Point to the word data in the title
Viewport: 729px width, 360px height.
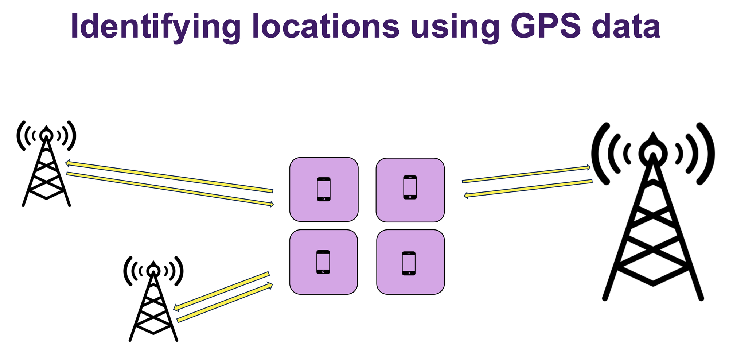626,26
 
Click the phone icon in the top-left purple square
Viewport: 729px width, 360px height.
324,189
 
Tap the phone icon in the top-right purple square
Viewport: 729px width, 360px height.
410,187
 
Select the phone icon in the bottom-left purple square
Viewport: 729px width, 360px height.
323,262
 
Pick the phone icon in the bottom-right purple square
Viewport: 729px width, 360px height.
409,263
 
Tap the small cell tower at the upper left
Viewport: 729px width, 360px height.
46,168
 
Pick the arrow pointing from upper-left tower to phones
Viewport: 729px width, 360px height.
170,189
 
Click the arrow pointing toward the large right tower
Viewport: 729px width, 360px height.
526,174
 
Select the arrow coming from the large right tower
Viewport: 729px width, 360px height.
528,188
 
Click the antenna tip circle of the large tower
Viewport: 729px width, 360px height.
653,153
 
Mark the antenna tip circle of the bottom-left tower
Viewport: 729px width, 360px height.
153,271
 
